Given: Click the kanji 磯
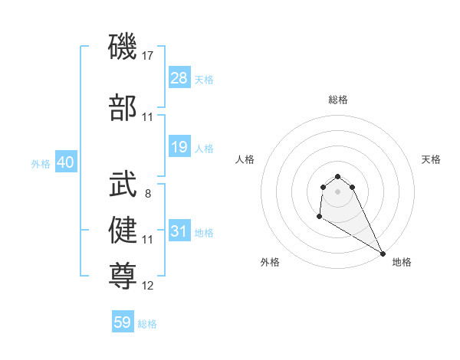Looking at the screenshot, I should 123,47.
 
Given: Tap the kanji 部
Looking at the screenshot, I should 123,109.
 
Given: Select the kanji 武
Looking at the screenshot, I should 123,185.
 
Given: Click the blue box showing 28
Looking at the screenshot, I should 179,78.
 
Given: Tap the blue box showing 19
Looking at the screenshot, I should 179,147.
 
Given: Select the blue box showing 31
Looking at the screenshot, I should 179,231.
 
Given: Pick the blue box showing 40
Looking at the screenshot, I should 65,162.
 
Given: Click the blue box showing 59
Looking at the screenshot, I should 123,322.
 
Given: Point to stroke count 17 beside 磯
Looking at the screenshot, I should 148,56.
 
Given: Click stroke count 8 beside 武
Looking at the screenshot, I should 147,194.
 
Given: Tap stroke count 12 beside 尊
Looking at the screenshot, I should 148,286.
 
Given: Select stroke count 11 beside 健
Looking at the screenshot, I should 148,240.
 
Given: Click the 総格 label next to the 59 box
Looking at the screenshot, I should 147,324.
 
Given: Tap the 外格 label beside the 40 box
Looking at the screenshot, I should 40,164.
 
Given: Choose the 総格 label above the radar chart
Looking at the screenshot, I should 338,100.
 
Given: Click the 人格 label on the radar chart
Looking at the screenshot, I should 245,159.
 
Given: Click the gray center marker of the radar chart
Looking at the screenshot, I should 337,191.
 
